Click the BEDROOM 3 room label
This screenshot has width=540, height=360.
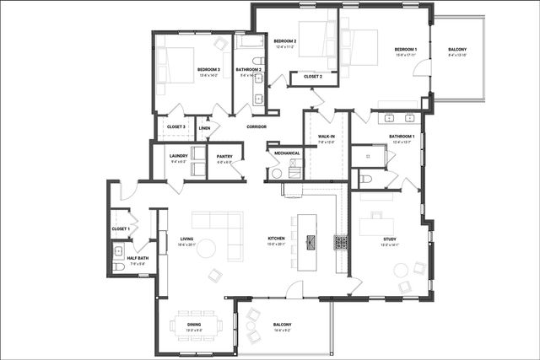pos(208,69)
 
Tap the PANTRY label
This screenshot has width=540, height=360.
pos(224,156)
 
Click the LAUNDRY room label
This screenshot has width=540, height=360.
pos(178,156)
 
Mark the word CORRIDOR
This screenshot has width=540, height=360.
pos(256,127)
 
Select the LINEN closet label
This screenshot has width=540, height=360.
pos(204,128)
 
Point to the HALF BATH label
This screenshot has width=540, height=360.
pos(138,258)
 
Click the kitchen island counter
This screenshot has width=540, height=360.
pos(307,233)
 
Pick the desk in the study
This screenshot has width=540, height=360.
pos(376,226)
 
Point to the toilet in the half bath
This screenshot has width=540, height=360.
pos(119,266)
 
